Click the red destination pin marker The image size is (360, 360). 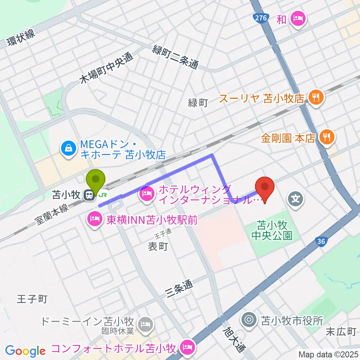(265, 187)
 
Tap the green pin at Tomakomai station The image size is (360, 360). (96, 181)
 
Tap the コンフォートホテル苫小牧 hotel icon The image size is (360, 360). (187, 347)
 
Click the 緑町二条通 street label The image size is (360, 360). (175, 56)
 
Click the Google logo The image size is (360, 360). (25, 351)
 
